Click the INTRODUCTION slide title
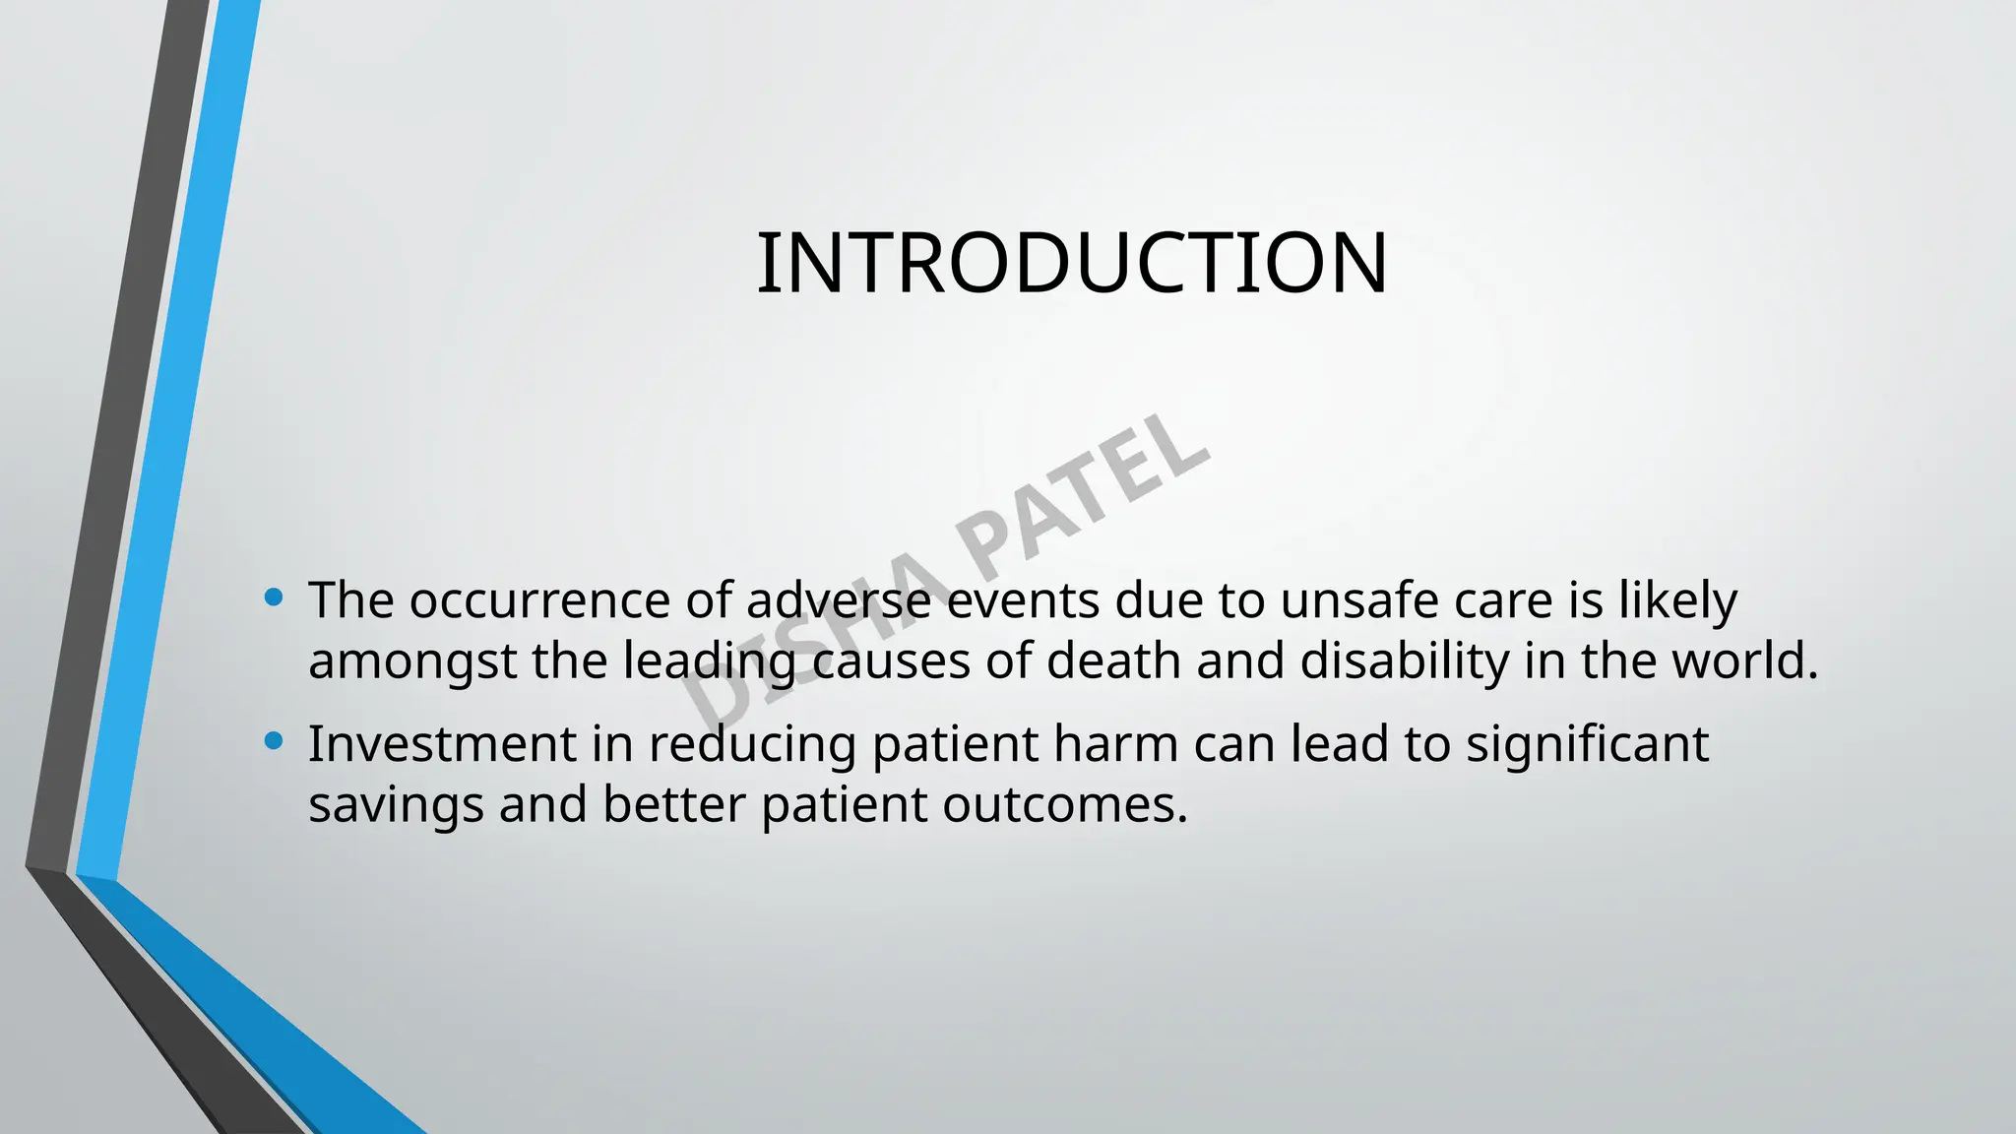1072,263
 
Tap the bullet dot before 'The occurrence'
275,597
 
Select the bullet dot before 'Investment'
275,740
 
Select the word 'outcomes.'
1065,804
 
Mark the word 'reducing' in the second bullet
752,745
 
